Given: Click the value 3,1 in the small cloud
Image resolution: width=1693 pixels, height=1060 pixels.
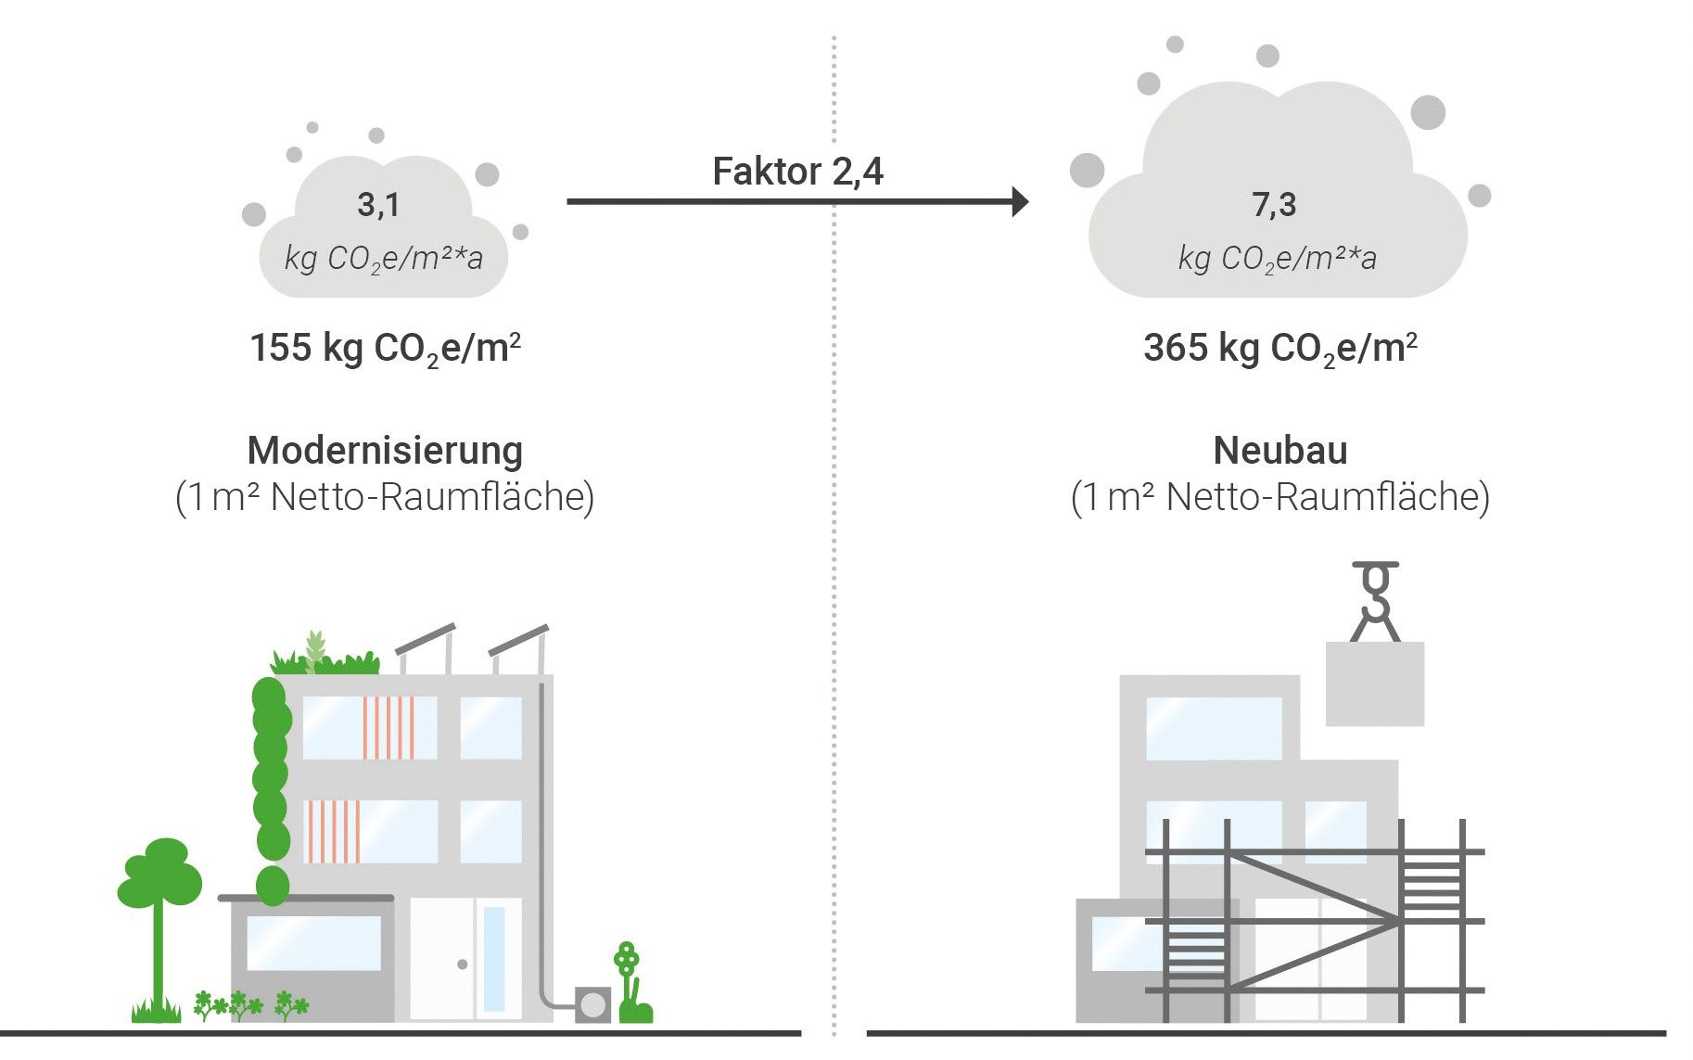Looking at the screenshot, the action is pyautogui.click(x=378, y=204).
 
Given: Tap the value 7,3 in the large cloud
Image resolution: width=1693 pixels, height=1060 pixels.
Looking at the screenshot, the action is pyautogui.click(x=1274, y=204).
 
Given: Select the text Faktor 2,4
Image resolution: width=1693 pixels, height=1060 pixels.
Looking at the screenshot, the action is pyautogui.click(x=797, y=172).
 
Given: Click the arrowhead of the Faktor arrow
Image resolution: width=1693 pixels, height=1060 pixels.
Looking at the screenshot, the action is pyautogui.click(x=1020, y=201).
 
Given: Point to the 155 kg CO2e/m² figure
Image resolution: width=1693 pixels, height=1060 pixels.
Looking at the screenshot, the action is pyautogui.click(x=385, y=350).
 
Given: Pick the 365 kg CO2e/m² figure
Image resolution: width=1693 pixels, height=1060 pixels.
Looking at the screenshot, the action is pyautogui.click(x=1280, y=350).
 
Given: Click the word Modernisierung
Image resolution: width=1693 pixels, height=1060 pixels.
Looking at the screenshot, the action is pyautogui.click(x=385, y=452).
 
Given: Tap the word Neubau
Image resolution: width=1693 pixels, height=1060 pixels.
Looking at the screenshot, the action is pyautogui.click(x=1280, y=451).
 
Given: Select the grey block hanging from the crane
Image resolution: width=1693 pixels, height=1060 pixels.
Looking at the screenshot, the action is pyautogui.click(x=1375, y=683).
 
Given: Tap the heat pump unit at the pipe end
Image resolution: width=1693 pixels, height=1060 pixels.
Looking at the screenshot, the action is pyautogui.click(x=592, y=1005).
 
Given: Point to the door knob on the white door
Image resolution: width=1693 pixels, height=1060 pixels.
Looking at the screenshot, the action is pyautogui.click(x=463, y=964).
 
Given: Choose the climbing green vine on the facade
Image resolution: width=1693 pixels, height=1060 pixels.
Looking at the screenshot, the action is pyautogui.click(x=271, y=790).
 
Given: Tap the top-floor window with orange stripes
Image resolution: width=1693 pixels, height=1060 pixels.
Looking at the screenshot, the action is pyautogui.click(x=370, y=728).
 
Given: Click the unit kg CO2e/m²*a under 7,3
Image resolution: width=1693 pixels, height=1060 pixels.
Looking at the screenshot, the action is pyautogui.click(x=1277, y=259).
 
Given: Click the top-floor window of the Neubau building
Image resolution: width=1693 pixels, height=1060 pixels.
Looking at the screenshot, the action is pyautogui.click(x=1214, y=729).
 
